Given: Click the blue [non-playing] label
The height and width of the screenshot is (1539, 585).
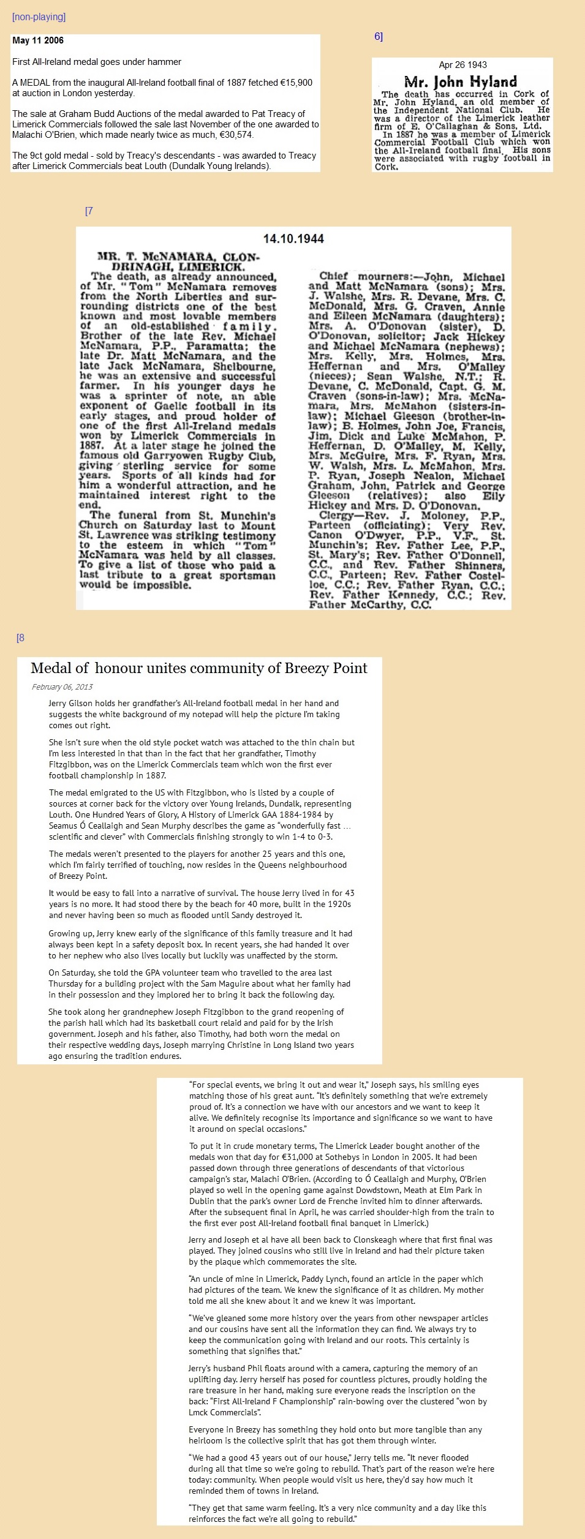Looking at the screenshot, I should coord(39,17).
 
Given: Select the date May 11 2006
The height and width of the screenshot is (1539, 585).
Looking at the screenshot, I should coord(38,40).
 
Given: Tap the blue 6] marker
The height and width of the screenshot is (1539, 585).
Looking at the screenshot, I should coord(379,37).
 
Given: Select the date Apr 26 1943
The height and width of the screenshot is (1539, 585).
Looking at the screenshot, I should coord(462,65).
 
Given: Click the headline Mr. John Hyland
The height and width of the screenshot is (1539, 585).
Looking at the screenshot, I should coord(460,81).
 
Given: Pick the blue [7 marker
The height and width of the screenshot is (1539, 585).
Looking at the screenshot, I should coord(89,211).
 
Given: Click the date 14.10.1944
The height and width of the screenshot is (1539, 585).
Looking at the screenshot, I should coord(293,239).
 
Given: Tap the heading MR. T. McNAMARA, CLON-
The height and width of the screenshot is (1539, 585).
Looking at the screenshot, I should coord(178,257).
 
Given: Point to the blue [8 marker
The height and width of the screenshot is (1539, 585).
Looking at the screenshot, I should coord(21,638).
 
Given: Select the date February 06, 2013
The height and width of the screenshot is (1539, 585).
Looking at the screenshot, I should coord(62,687).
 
